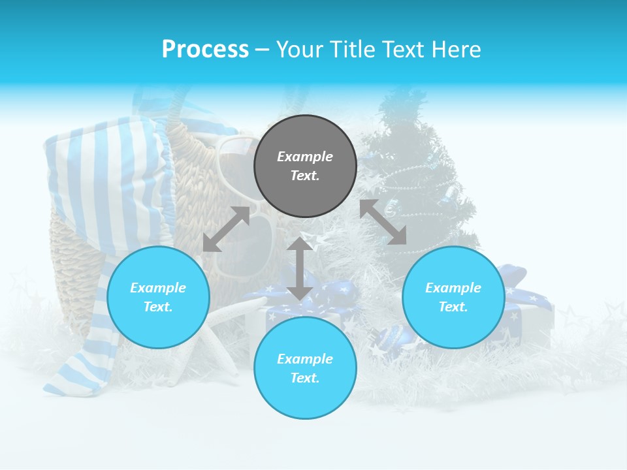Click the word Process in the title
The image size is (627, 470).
tap(205, 50)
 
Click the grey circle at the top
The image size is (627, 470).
tap(305, 166)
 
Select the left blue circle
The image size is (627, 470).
tap(158, 298)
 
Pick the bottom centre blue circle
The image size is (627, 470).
tap(305, 368)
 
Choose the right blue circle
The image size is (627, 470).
tap(453, 298)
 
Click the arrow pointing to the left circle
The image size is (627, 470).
tap(226, 229)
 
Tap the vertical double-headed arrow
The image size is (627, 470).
tap(300, 268)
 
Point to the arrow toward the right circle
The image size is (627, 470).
tap(383, 222)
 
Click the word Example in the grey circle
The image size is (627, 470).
tap(305, 157)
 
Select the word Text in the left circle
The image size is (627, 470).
tap(158, 307)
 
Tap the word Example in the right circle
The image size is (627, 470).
tap(453, 288)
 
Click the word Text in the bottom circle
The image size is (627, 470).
tap(305, 378)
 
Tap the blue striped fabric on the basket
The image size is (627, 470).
tap(104, 170)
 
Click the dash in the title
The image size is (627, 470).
tap(262, 50)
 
